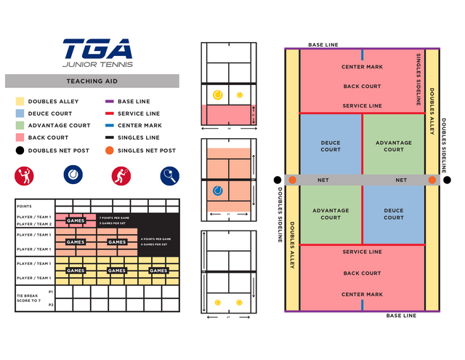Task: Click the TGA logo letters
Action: click(x=97, y=49)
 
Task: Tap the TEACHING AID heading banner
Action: click(x=92, y=81)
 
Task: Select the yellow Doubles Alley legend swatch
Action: click(x=20, y=102)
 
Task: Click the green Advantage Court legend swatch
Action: click(x=20, y=125)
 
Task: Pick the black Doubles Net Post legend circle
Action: click(x=20, y=151)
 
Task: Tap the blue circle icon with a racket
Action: click(x=169, y=176)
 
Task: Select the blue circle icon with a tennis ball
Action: click(x=73, y=175)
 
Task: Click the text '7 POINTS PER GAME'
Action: click(x=114, y=217)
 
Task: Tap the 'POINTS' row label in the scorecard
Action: click(x=24, y=206)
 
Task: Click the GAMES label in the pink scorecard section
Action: click(x=76, y=220)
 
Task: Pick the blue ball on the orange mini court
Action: click(x=218, y=191)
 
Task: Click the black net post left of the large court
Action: click(x=278, y=180)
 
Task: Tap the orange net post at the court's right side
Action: click(x=432, y=180)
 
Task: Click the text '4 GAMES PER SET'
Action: click(x=155, y=244)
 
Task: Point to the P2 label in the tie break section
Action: click(x=51, y=305)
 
